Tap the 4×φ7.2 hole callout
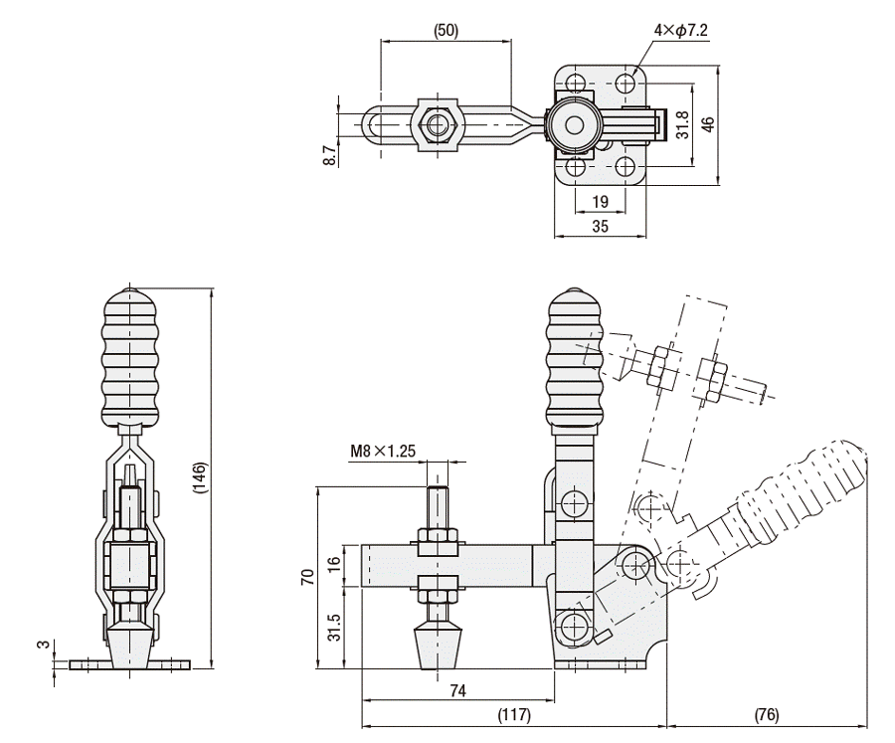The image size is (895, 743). point(681,30)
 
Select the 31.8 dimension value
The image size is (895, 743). point(682,124)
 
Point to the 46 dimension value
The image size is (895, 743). point(708,124)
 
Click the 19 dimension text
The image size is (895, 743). point(600,202)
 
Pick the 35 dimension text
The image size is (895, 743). point(600,227)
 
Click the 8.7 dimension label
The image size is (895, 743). point(329,155)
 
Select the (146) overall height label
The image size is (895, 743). point(201,477)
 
